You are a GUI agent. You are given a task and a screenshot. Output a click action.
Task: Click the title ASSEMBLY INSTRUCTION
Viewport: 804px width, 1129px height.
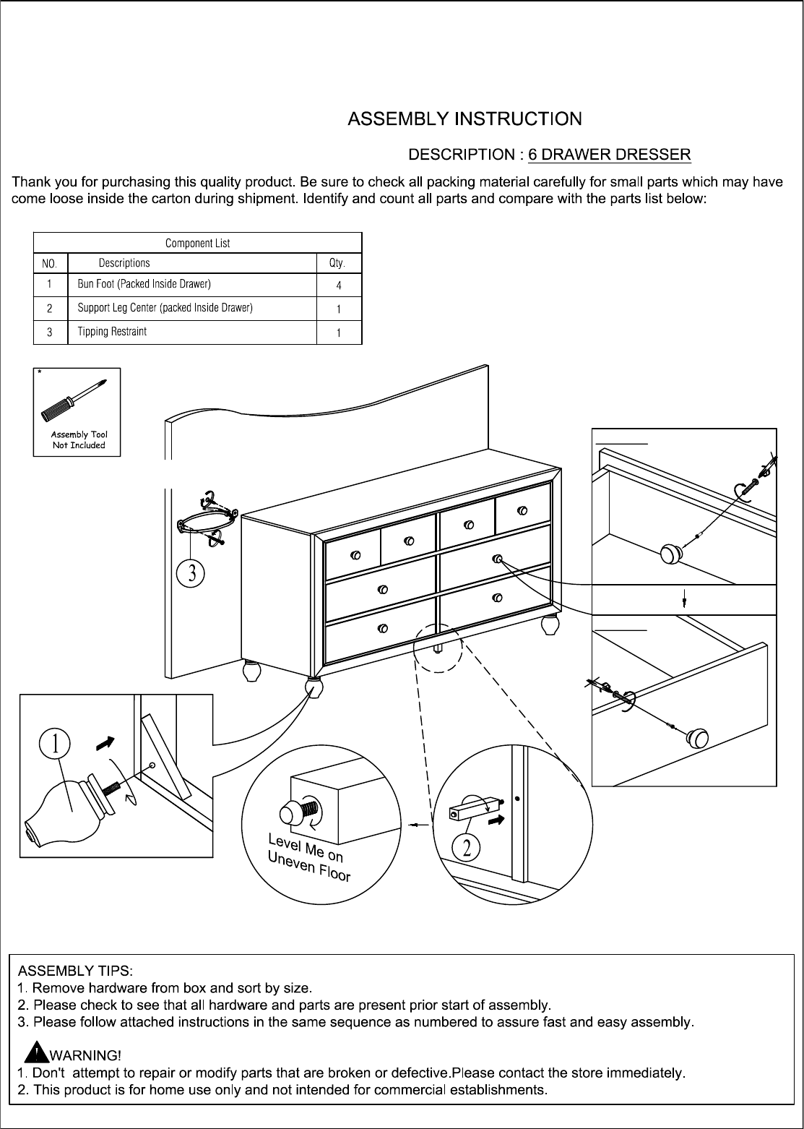pyautogui.click(x=464, y=119)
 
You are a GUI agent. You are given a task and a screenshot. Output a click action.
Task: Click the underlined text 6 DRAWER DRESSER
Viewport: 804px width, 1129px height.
pyautogui.click(x=609, y=154)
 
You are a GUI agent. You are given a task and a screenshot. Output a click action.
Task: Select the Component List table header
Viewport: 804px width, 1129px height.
pyautogui.click(x=197, y=243)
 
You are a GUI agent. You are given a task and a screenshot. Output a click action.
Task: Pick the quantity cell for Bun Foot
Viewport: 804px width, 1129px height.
pyautogui.click(x=339, y=286)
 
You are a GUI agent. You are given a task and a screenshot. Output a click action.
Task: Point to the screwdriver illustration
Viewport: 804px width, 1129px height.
pyautogui.click(x=74, y=400)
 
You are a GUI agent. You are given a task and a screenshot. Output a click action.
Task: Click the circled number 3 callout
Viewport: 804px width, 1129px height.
pyautogui.click(x=191, y=573)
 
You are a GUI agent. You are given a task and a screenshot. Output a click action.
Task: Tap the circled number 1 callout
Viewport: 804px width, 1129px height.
pyautogui.click(x=54, y=744)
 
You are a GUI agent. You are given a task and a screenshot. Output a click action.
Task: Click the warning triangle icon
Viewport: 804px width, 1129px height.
pyautogui.click(x=36, y=1052)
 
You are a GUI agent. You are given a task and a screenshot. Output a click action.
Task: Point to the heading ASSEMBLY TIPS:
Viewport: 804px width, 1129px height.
pyautogui.click(x=76, y=971)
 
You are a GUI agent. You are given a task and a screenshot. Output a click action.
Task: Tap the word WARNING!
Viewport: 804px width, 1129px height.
pyautogui.click(x=85, y=1055)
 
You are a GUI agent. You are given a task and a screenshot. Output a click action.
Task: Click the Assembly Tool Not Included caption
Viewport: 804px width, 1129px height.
pyautogui.click(x=79, y=439)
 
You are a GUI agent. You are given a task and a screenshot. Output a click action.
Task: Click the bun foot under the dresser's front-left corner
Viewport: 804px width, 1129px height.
pyautogui.click(x=314, y=688)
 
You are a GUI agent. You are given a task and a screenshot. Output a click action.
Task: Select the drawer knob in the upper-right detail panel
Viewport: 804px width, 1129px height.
pyautogui.click(x=671, y=554)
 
